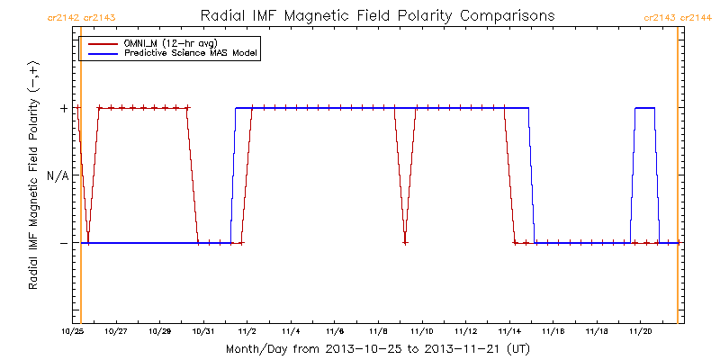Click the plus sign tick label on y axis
[x=63, y=108]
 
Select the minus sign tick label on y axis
[x=63, y=243]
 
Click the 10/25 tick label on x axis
[x=72, y=330]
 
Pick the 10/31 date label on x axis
[x=203, y=330]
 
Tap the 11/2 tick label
[x=247, y=330]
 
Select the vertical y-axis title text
[x=34, y=175]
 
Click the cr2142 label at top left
[x=62, y=17]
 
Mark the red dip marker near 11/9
[x=406, y=242]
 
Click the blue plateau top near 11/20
[x=644, y=108]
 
